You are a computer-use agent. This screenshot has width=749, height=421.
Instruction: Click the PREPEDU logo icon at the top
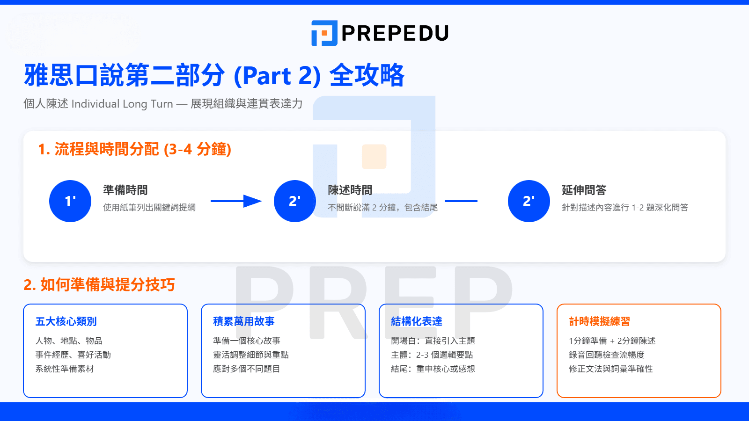tap(324, 33)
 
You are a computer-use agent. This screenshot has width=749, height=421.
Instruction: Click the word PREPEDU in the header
tap(395, 33)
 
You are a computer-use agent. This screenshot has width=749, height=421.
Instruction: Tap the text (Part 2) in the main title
tap(277, 76)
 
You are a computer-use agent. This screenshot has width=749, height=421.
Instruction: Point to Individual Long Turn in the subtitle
tap(122, 104)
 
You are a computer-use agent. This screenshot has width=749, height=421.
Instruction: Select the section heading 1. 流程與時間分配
tap(135, 149)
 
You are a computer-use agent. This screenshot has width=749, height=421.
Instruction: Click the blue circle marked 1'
tap(70, 201)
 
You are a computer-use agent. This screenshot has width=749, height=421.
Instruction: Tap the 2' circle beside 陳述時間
tap(295, 201)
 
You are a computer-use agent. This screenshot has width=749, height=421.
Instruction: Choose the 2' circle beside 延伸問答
tap(529, 201)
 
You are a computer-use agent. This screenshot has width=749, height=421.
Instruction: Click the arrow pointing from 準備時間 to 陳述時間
tap(236, 201)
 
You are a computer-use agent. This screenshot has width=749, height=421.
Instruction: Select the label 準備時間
tap(125, 190)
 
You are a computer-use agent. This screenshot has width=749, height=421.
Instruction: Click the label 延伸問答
tap(584, 190)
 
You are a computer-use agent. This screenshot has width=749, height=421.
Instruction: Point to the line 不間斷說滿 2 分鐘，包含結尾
tap(382, 208)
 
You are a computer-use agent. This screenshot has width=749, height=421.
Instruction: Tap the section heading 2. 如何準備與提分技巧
tap(99, 284)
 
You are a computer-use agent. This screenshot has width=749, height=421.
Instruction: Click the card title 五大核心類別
tap(66, 321)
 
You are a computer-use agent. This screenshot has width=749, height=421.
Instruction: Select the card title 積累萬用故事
tap(244, 321)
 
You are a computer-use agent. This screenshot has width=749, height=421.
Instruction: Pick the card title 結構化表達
tap(417, 321)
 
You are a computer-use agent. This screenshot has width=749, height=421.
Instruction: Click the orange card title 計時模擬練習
tap(600, 321)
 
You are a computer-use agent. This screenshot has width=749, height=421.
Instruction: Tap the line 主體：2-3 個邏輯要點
tap(432, 355)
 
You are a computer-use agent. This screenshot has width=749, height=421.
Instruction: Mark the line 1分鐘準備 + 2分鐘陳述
tap(612, 341)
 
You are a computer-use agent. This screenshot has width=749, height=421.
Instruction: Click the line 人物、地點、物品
tap(69, 341)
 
